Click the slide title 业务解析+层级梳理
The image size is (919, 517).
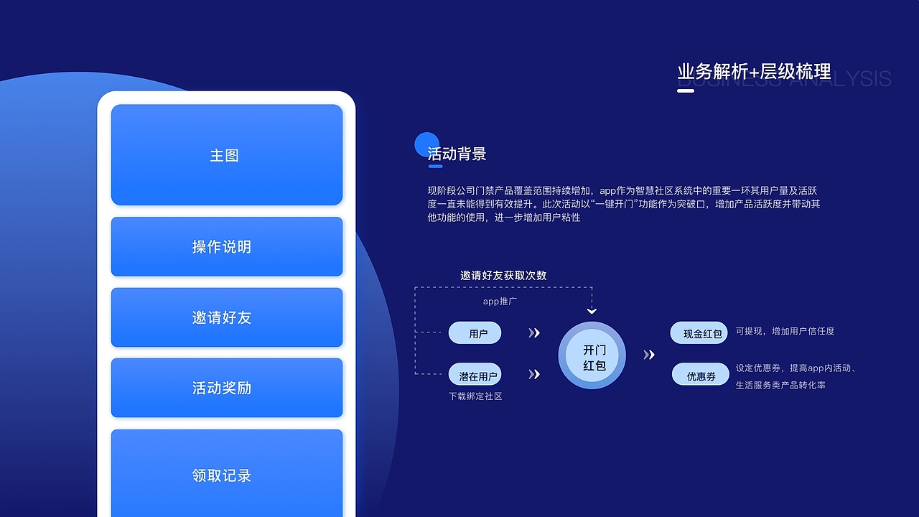click(x=754, y=72)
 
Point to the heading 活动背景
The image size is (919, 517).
click(x=457, y=154)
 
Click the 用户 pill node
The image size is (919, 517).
click(x=475, y=333)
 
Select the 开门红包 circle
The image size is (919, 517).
click(x=592, y=356)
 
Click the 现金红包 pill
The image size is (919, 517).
click(x=700, y=333)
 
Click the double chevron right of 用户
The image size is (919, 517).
click(x=533, y=333)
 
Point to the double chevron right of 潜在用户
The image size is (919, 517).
click(x=533, y=374)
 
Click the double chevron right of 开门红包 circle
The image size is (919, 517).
click(x=648, y=355)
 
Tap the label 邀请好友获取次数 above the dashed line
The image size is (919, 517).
click(x=503, y=275)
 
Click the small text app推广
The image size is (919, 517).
click(x=500, y=302)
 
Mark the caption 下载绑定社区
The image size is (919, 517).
click(x=475, y=396)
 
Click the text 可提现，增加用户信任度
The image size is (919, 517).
click(x=785, y=331)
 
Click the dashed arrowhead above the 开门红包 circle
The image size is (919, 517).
click(x=592, y=311)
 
